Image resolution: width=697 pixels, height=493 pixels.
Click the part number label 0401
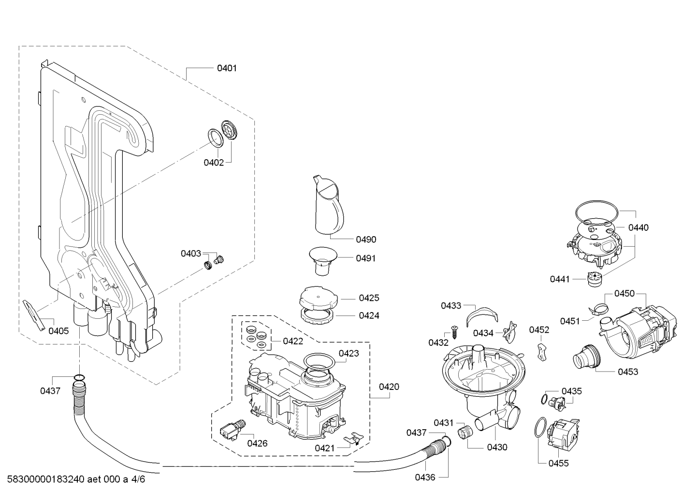(227, 68)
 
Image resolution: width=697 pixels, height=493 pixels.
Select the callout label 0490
(366, 239)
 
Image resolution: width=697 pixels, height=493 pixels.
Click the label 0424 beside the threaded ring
(369, 315)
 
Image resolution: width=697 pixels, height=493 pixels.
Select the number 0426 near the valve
(257, 443)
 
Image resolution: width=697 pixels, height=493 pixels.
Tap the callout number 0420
(389, 387)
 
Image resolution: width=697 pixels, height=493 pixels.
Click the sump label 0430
(497, 448)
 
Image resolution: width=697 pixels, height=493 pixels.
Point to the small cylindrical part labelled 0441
(593, 279)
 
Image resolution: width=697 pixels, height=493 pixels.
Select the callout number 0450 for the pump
(624, 294)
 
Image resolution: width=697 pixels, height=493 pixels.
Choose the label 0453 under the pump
(628, 372)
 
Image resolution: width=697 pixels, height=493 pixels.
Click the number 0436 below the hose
(425, 478)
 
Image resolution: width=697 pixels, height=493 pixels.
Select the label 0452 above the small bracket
(539, 330)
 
